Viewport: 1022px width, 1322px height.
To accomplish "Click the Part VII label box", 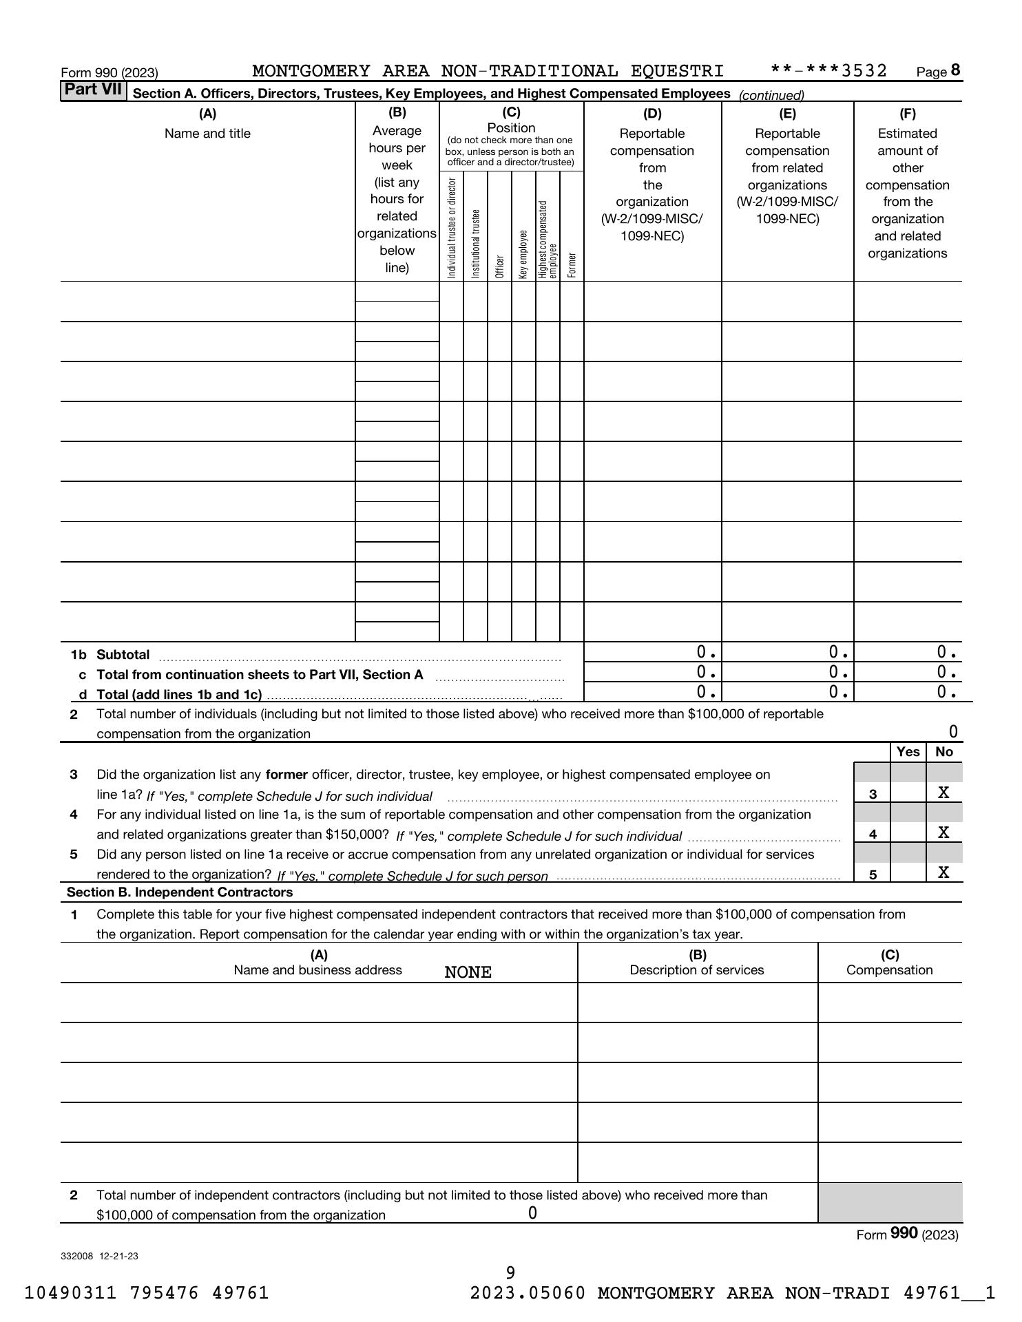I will pyautogui.click(x=93, y=91).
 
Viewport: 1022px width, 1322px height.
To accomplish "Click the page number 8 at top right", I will pyautogui.click(x=955, y=70).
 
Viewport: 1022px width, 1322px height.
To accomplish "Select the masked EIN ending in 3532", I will pyautogui.click(x=828, y=71).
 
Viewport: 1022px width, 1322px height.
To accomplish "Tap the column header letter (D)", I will pyautogui.click(x=651, y=114).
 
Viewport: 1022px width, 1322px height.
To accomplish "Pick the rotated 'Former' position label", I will pyautogui.click(x=572, y=265).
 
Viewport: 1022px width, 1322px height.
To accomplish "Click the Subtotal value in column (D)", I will pyautogui.click(x=706, y=652).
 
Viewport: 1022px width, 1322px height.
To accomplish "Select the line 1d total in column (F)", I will pyautogui.click(x=947, y=692).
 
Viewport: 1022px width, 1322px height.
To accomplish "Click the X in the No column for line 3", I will pyautogui.click(x=943, y=793).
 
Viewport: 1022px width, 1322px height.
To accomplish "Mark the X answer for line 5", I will pyautogui.click(x=943, y=872).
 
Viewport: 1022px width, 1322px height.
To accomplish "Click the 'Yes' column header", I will pyautogui.click(x=908, y=752).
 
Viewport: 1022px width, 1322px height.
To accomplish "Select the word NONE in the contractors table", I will pyautogui.click(x=468, y=972).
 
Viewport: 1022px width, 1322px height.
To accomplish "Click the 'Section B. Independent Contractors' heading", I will pyautogui.click(x=180, y=892).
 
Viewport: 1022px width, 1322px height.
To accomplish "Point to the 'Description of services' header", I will pyautogui.click(x=697, y=970).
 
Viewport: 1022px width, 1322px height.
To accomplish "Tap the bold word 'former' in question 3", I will pyautogui.click(x=286, y=775).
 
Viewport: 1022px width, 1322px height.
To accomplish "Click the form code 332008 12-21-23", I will pyautogui.click(x=99, y=1256).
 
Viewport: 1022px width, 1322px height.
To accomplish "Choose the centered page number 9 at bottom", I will pyautogui.click(x=510, y=1272).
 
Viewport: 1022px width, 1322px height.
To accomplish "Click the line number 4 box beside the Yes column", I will pyautogui.click(x=873, y=834).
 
